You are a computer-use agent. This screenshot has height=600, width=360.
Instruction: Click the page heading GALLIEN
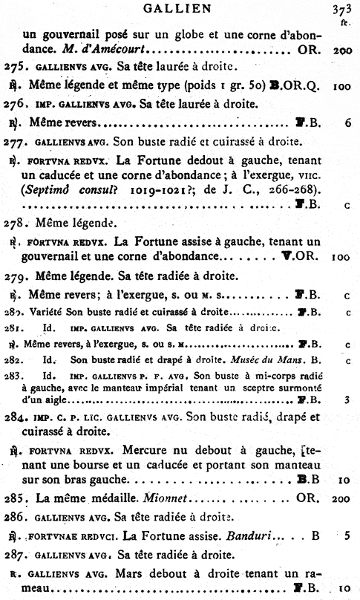(180, 9)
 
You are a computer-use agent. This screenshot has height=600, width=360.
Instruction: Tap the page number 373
(344, 10)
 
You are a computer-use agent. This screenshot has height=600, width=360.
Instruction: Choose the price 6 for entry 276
(347, 123)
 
